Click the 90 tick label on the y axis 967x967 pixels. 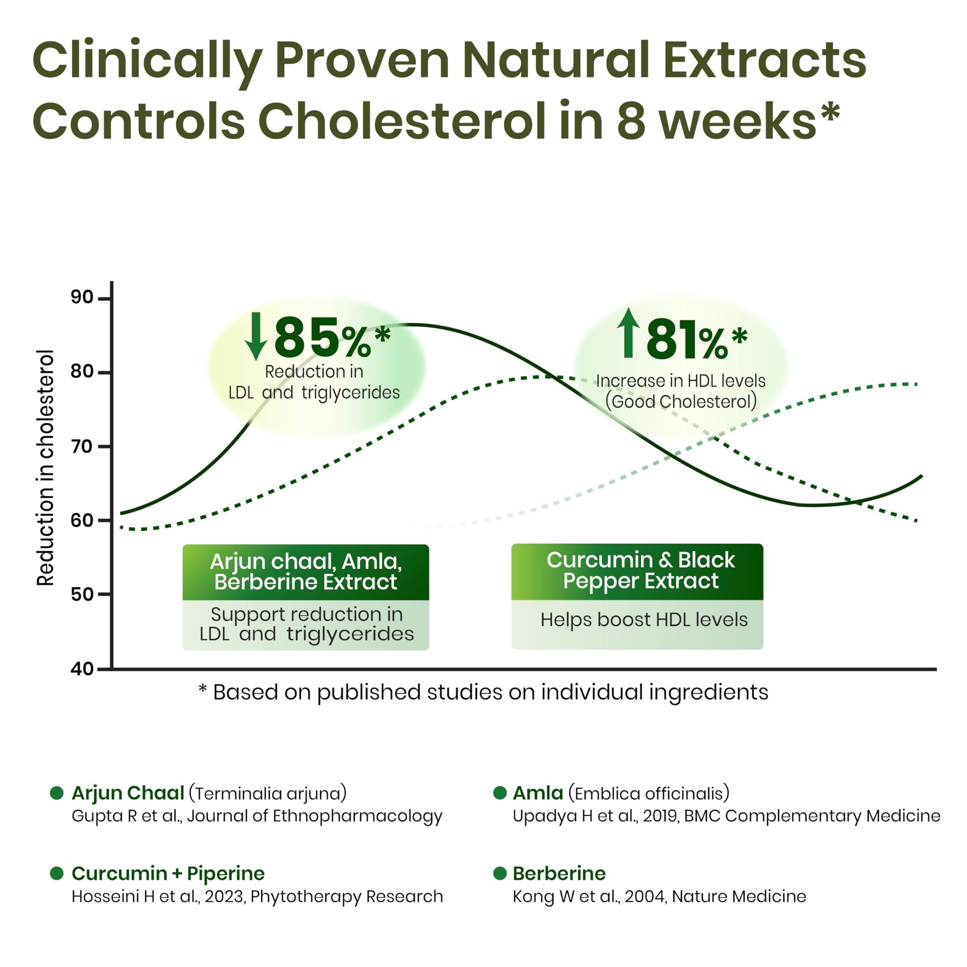coord(82,297)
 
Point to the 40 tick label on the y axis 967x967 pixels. coord(82,669)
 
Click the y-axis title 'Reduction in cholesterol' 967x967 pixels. coord(45,468)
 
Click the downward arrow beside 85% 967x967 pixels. coord(256,336)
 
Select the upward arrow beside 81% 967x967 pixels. coord(628,332)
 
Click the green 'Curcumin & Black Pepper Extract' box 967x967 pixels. coord(637,572)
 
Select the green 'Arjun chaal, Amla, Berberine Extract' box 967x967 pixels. coord(305,572)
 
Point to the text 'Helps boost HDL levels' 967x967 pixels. coord(644,620)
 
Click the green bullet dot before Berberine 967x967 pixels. coord(500,874)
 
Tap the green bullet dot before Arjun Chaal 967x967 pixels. coord(57,793)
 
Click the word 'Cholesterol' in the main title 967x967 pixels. coord(401,121)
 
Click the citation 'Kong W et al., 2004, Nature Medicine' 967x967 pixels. coord(659,896)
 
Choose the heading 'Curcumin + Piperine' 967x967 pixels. coord(168,874)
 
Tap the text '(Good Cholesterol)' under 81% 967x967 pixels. coord(680,402)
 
